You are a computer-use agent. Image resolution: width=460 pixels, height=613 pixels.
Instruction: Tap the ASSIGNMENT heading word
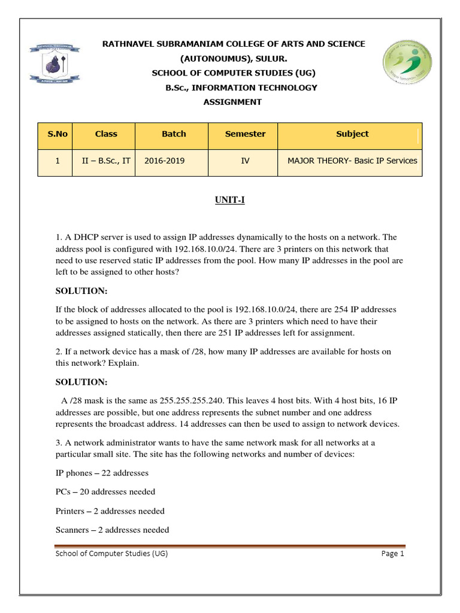tap(232, 102)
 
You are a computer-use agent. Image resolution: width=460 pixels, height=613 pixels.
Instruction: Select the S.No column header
tap(55, 134)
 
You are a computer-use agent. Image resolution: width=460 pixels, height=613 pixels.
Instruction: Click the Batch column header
tap(174, 134)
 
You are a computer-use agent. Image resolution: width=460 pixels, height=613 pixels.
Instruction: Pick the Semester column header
tap(245, 134)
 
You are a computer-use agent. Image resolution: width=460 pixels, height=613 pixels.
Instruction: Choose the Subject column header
tap(352, 134)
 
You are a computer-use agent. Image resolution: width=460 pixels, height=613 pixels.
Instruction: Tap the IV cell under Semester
tap(244, 160)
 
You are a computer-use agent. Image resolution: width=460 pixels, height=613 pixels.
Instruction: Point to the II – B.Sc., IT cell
tap(104, 160)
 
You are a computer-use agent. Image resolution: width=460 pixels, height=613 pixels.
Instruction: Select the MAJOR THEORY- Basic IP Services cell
tap(352, 160)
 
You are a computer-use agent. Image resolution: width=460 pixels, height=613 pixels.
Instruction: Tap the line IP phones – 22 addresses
tap(102, 473)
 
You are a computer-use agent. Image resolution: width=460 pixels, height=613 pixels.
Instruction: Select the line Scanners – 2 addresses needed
tap(112, 530)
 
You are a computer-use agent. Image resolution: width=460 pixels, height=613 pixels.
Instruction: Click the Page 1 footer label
tap(393, 554)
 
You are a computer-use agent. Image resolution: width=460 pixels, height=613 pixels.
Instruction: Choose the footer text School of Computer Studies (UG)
tap(111, 554)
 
